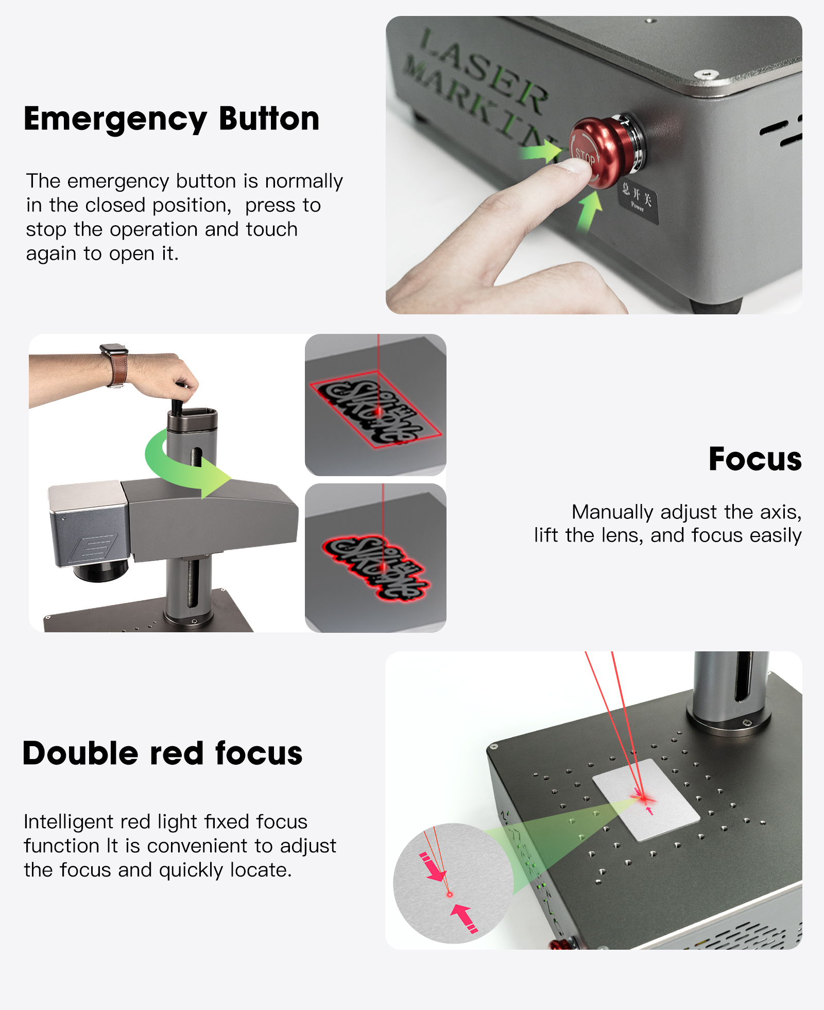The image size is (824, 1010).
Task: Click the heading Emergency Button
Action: tap(171, 119)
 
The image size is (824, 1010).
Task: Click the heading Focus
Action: tap(754, 459)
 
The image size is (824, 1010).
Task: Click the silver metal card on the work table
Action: tap(646, 799)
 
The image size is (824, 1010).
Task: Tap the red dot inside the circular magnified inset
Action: tap(449, 895)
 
